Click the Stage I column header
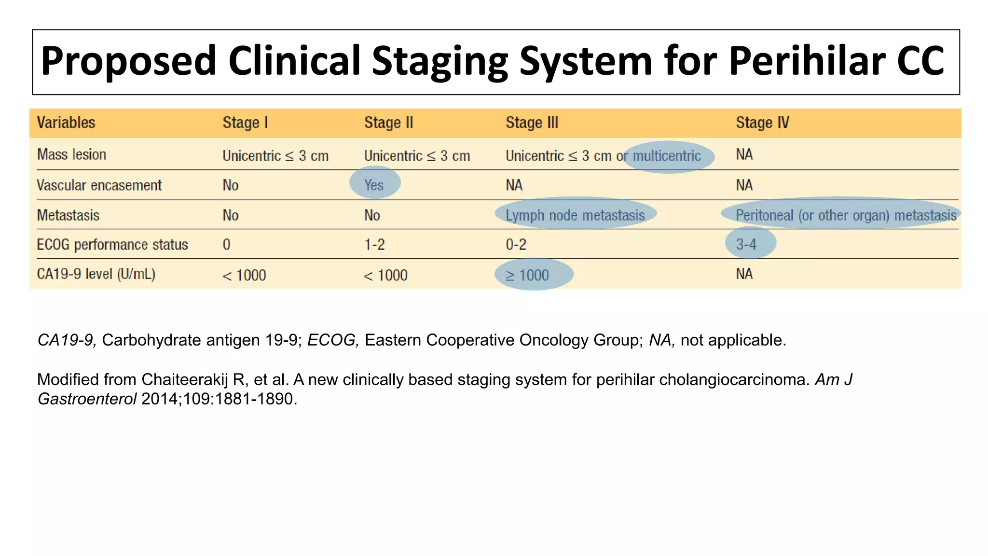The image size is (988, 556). tap(245, 123)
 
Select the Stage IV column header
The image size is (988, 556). tap(762, 123)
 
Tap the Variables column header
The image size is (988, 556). tap(66, 123)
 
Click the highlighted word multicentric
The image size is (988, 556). tap(667, 156)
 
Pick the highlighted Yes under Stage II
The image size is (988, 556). tap(374, 185)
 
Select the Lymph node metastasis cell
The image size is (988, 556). tap(575, 215)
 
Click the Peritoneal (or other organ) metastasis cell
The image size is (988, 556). tap(846, 215)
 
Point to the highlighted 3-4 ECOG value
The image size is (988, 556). tap(746, 244)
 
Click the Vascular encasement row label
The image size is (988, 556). tap(99, 185)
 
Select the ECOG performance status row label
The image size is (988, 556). tap(112, 245)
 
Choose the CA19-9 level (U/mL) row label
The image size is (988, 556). tap(96, 274)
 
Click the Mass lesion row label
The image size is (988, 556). tap(72, 154)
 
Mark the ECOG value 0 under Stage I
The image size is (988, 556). tap(227, 245)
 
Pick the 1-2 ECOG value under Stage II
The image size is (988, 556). tap(374, 245)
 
